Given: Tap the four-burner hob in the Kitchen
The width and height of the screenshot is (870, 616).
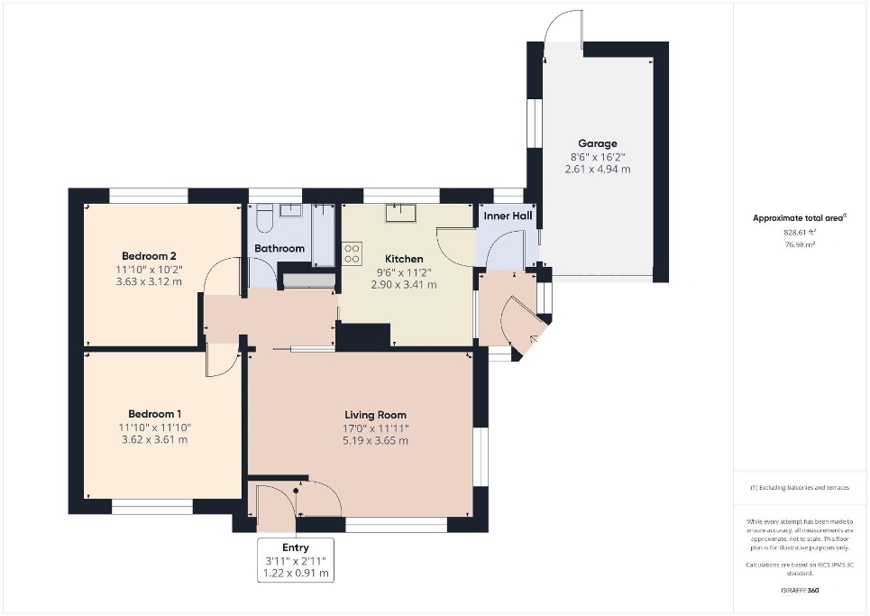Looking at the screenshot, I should (352, 253).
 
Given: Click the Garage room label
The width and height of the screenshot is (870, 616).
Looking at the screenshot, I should (597, 143).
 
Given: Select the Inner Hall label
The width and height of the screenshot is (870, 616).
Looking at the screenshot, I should (508, 216).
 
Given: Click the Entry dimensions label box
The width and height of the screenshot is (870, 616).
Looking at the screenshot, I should (296, 560).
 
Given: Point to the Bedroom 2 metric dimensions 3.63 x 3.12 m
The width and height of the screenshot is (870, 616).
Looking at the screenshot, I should (148, 281).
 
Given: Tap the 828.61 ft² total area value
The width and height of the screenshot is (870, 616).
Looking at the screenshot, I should (801, 232).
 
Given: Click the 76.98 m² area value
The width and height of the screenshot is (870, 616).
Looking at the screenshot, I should (801, 244).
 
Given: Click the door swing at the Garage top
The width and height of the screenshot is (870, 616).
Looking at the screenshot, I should (565, 25).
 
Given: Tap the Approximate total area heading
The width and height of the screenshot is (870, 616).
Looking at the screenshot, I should (800, 218).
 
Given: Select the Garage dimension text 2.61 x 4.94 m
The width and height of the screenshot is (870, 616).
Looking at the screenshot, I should (597, 169).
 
